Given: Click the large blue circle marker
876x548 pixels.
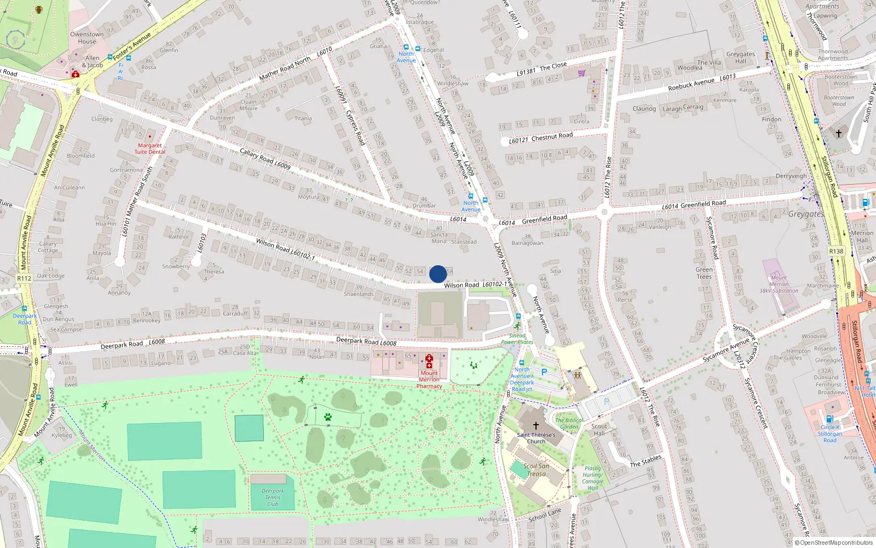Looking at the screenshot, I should tap(438, 274).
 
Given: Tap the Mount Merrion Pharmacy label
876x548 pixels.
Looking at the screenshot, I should tap(429, 379).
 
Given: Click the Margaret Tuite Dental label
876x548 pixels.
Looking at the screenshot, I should tap(149, 149).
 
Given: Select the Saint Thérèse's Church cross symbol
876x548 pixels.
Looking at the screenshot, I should tap(536, 425).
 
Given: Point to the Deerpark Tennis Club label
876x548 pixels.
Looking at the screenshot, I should tap(273, 498).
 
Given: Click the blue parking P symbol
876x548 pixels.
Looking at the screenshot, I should tap(544, 372).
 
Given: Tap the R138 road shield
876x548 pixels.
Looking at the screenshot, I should tap(836, 252).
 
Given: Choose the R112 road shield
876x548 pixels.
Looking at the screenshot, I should tap(24, 278).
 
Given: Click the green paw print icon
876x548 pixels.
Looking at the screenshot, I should tap(328, 417).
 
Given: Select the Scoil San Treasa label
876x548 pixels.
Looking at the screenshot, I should tap(536, 470).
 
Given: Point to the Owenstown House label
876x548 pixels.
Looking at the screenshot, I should tap(87, 38).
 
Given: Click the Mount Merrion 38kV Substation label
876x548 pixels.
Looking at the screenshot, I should tap(779, 284).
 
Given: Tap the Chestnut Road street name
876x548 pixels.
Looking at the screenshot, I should tap(552, 136).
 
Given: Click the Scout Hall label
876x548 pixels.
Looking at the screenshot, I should tap(599, 430).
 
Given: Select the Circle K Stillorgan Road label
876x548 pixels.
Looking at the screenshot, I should tap(830, 433).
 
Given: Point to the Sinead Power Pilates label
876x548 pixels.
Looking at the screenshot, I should tap(517, 339).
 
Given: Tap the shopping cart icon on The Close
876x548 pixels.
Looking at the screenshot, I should tap(581, 73).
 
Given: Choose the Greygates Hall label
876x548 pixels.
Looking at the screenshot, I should tap(740, 58).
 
